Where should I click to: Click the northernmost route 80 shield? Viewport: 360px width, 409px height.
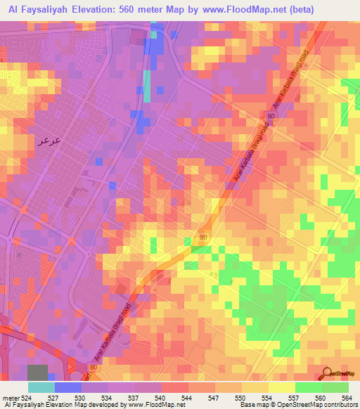tap(271, 115)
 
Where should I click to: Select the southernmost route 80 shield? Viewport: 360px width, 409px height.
tap(94, 367)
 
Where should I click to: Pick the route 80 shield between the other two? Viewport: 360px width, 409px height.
tap(203, 238)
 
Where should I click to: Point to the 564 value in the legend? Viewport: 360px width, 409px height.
tap(347, 397)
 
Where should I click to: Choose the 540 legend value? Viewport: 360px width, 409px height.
tap(160, 397)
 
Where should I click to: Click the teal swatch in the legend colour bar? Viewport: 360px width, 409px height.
tap(41, 387)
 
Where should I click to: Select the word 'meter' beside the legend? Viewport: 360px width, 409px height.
tap(10, 397)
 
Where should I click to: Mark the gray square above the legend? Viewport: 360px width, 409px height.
tap(37, 372)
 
